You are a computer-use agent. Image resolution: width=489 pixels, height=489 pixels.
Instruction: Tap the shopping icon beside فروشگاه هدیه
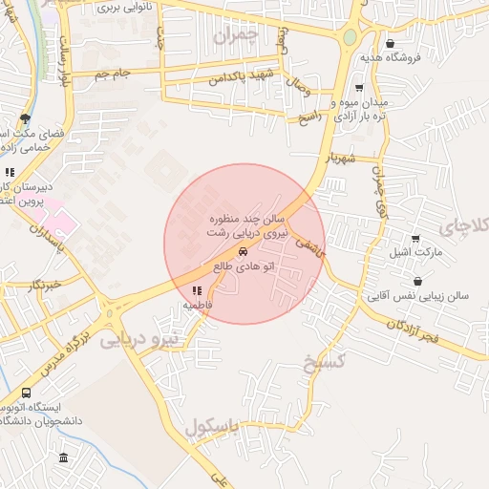[x=390, y=43]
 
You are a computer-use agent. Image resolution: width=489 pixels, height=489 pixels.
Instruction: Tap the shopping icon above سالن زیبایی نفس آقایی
[x=419, y=281]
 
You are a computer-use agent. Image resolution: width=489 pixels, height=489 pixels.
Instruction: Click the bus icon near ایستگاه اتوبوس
[x=26, y=393]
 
